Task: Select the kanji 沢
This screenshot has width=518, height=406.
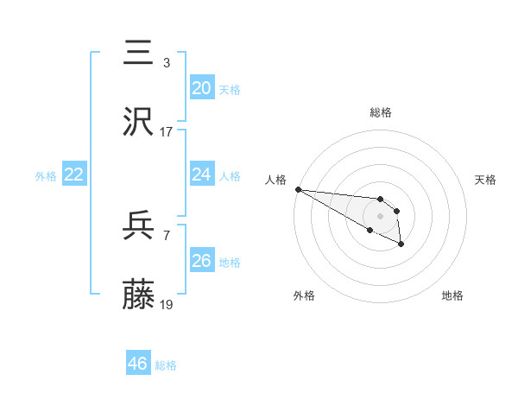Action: pyautogui.click(x=139, y=122)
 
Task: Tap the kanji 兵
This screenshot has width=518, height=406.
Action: pyautogui.click(x=139, y=227)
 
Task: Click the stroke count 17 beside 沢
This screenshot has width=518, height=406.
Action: pyautogui.click(x=166, y=132)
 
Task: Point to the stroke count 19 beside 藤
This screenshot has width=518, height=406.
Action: pyautogui.click(x=166, y=306)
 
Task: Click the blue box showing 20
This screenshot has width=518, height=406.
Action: pyautogui.click(x=202, y=87)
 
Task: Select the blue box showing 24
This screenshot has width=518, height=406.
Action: pyautogui.click(x=202, y=174)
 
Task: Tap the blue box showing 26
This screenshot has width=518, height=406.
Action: pyautogui.click(x=202, y=260)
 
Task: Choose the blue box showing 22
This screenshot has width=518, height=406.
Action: pyautogui.click(x=74, y=174)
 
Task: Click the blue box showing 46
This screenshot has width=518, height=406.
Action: pyautogui.click(x=138, y=363)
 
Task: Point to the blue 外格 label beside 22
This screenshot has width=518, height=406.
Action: pyautogui.click(x=46, y=176)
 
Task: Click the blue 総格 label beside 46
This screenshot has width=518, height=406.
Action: pyautogui.click(x=166, y=365)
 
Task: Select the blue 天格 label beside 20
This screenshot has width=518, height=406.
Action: pyautogui.click(x=230, y=89)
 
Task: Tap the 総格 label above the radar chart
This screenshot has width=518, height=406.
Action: pyautogui.click(x=380, y=112)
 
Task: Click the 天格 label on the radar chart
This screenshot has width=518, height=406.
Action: pyautogui.click(x=485, y=180)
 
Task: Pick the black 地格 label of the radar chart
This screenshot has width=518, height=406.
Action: pyautogui.click(x=452, y=295)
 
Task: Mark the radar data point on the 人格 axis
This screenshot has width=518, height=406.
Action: pyautogui.click(x=298, y=189)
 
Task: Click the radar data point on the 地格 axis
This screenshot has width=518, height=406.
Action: pyautogui.click(x=401, y=244)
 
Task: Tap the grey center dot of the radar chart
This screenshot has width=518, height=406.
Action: pyautogui.click(x=380, y=215)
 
